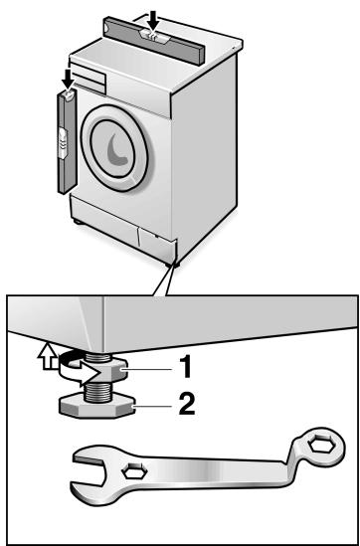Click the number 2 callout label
pos(187,404)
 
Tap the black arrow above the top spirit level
pos(152,20)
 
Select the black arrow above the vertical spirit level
pos(69,79)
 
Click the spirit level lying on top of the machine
pos(154,41)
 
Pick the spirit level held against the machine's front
pos(67,141)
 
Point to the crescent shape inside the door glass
pos(116,149)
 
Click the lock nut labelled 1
pos(110,371)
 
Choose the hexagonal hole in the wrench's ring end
pos(322,447)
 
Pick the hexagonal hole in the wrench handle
pos(134,472)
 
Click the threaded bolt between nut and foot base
pos(98,390)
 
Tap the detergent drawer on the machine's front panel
pos(88,78)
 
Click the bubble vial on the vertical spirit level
pos(63,143)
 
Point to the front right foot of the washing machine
pos(173,265)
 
